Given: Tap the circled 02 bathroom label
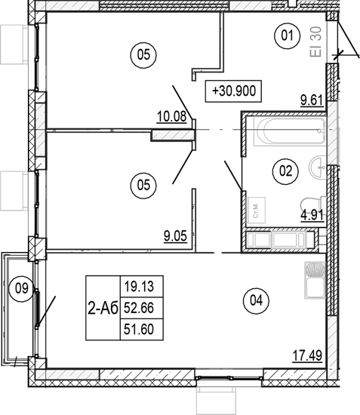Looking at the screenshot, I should tap(285, 171).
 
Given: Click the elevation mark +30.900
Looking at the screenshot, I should tap(235, 91).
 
